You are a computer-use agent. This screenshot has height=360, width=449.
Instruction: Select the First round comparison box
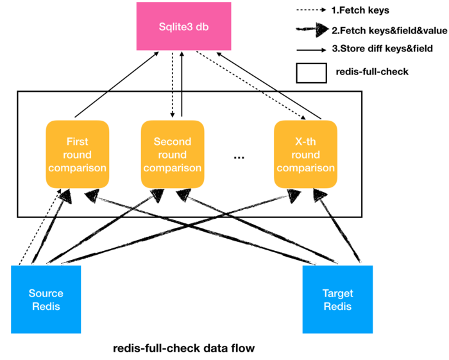[x=78, y=154]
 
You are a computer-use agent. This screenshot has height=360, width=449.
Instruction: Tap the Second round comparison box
[x=173, y=154]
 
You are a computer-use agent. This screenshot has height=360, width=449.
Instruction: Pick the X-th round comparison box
[x=305, y=154]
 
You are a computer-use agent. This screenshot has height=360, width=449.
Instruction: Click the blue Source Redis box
[x=46, y=299]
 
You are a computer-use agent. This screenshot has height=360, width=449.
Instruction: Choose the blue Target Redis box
[x=337, y=299]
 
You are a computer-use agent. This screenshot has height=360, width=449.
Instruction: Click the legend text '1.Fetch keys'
[x=361, y=10]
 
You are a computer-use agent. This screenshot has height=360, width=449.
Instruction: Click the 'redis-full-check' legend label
[x=371, y=72]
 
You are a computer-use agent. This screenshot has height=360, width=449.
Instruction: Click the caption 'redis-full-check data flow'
[x=183, y=348]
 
